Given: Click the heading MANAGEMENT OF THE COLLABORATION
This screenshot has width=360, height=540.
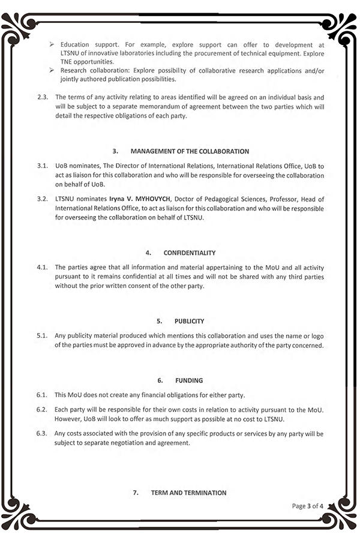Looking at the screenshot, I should click(x=190, y=151).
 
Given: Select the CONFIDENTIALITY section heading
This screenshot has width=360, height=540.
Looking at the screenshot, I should click(x=190, y=253).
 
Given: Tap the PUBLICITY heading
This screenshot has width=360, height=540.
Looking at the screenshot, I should click(x=190, y=321).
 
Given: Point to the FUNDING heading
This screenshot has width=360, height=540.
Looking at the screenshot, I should click(x=189, y=380).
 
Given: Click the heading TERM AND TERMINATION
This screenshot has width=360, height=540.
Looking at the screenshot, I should click(x=188, y=493).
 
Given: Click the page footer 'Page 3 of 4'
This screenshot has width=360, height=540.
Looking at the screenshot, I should click(x=307, y=506).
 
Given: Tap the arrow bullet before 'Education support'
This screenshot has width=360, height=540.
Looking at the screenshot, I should click(x=53, y=45).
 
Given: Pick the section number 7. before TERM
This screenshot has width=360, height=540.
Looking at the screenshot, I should click(x=136, y=493).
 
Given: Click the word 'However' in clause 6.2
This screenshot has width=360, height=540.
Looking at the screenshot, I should click(x=68, y=418).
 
